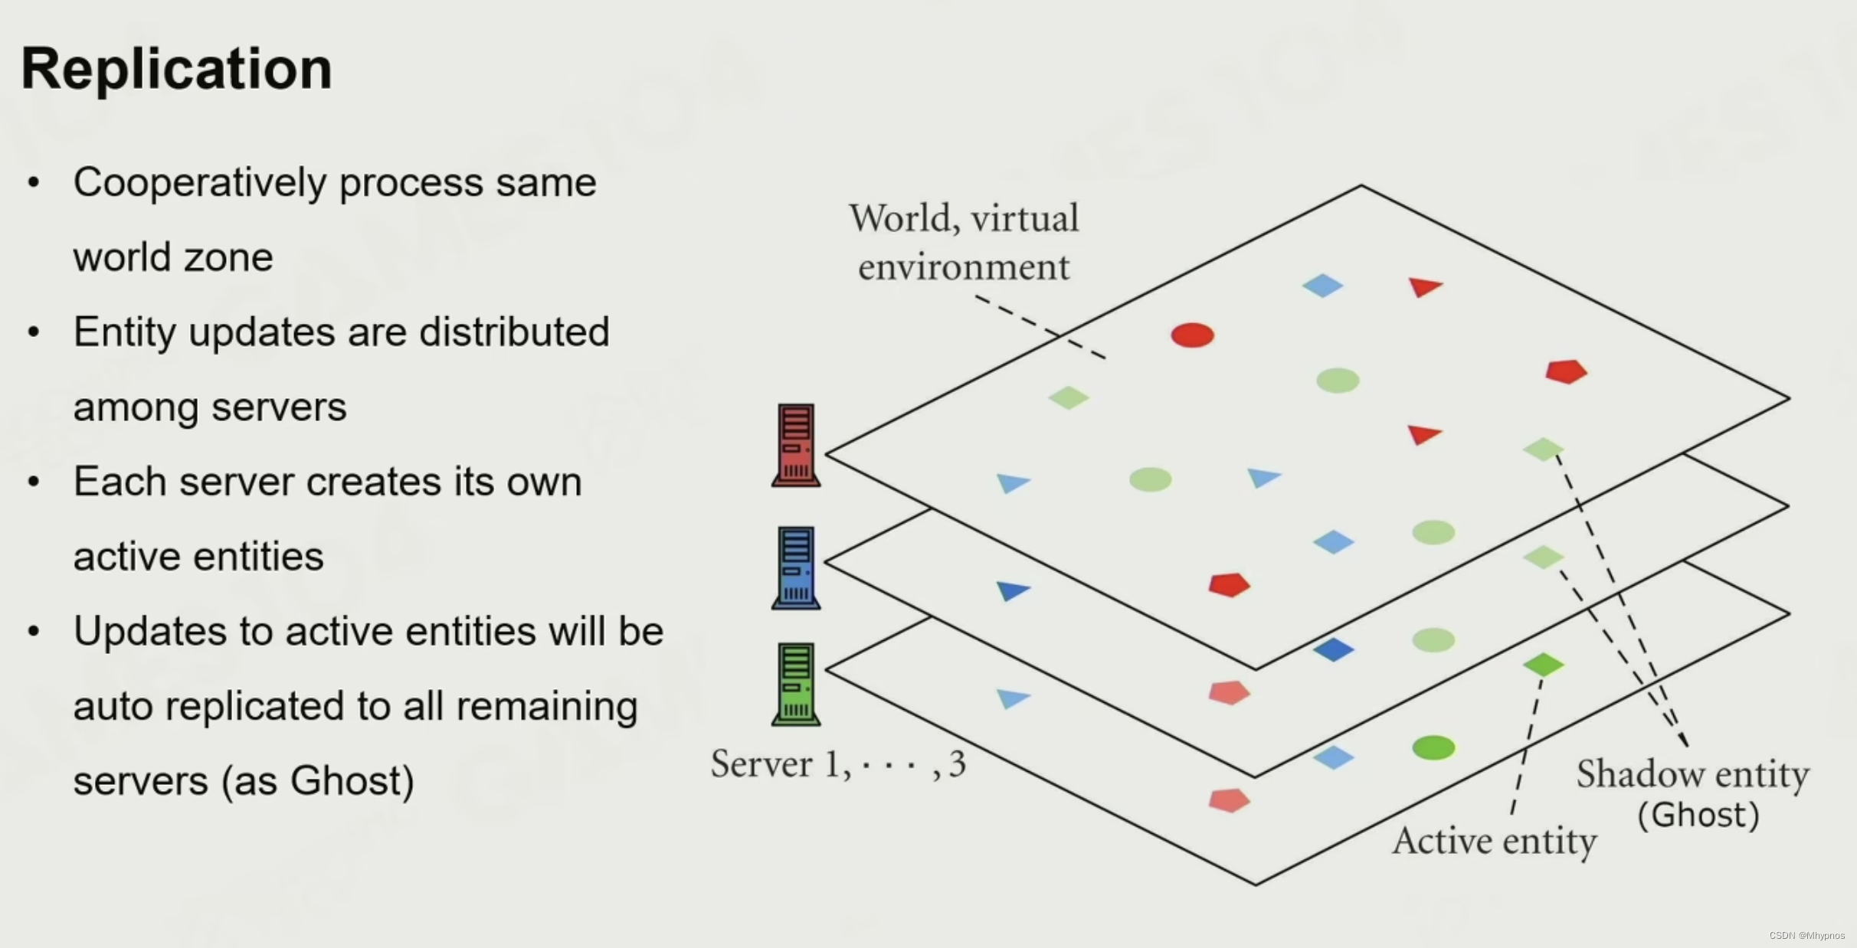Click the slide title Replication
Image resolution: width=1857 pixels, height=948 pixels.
[x=177, y=69]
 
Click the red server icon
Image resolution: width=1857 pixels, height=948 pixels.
[x=796, y=445]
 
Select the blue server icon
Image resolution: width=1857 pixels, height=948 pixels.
[x=796, y=567]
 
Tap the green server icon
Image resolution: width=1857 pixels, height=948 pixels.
[x=796, y=684]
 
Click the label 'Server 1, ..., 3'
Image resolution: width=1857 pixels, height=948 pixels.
[x=838, y=764]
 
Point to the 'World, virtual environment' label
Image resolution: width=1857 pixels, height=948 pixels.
[x=964, y=242]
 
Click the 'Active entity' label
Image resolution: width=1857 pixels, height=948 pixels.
[x=1494, y=842]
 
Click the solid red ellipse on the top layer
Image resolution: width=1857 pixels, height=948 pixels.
[x=1192, y=335]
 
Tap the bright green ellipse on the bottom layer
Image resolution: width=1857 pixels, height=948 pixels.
[x=1433, y=747]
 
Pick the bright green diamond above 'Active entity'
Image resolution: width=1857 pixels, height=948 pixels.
[x=1543, y=664]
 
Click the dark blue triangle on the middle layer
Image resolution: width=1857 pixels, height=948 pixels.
[x=1013, y=590]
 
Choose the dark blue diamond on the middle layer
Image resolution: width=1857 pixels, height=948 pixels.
[x=1334, y=650]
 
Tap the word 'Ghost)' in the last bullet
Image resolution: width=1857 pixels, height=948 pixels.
[x=352, y=781]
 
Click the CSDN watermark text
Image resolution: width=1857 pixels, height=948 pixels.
[x=1807, y=936]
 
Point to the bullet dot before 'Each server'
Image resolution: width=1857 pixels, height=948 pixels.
[x=33, y=482]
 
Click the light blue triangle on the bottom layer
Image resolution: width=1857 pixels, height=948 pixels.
[x=1012, y=698]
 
